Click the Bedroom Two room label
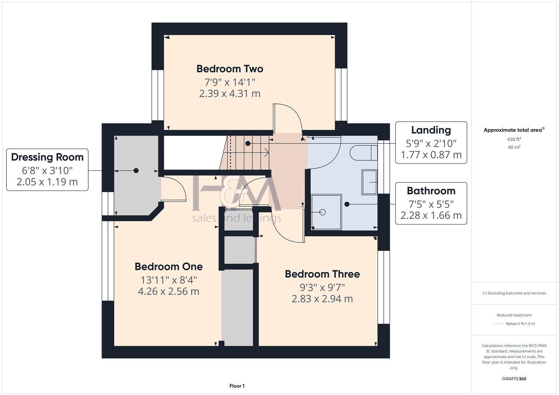[230, 69]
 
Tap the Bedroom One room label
[168, 267]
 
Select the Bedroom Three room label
[322, 274]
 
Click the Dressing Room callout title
[47, 157]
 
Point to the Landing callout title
[431, 130]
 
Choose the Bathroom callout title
[431, 191]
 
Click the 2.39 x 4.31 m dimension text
[230, 94]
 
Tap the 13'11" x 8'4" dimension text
[168, 280]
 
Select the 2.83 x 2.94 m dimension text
[322, 299]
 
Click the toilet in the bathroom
[364, 153]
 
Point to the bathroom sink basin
[369, 182]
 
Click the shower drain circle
[323, 212]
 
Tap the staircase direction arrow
[267, 151]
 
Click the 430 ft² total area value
[514, 139]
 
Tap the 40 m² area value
[514, 147]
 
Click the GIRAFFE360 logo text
[514, 379]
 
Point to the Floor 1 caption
[237, 386]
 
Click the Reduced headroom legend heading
[514, 315]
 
